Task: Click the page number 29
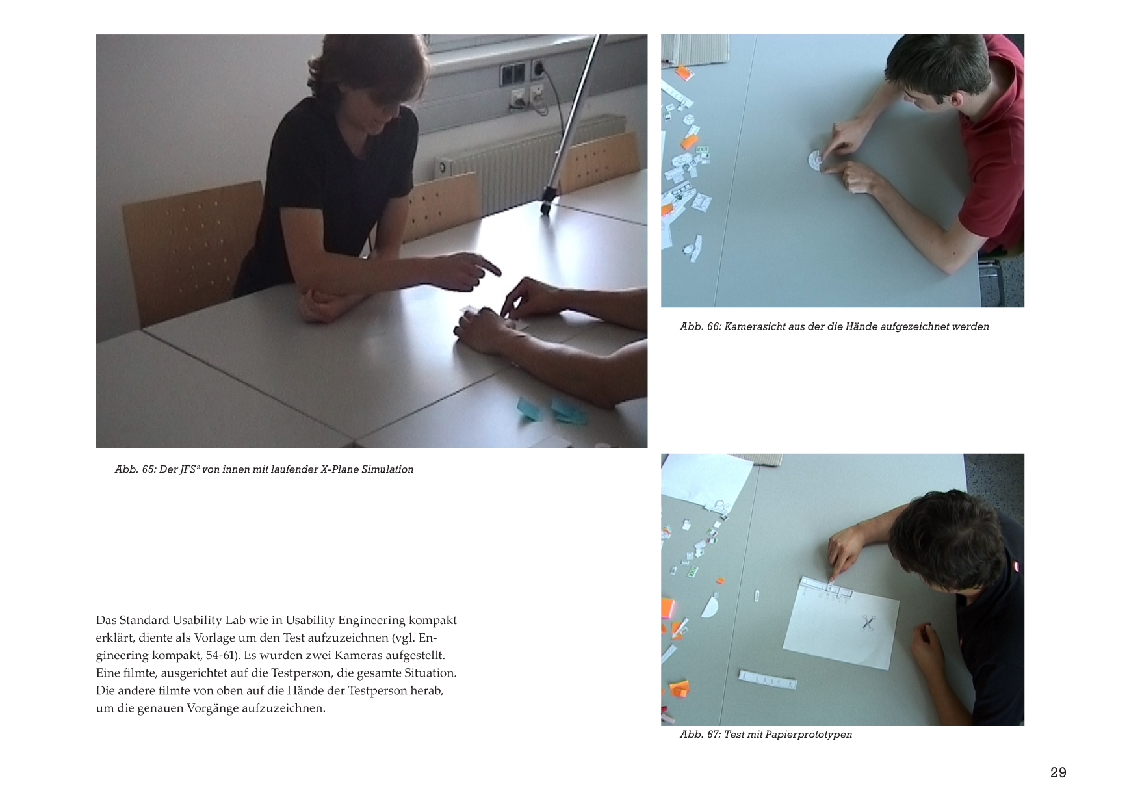pos(1058,772)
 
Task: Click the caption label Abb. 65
pos(135,469)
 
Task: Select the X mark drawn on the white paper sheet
pos(868,622)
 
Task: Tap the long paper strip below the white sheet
pos(768,679)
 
